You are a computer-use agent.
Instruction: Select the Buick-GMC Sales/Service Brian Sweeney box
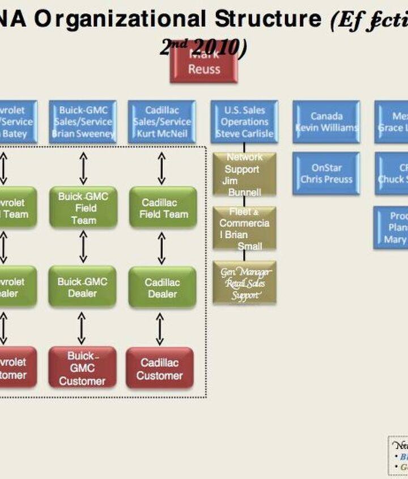pyautogui.click(x=83, y=122)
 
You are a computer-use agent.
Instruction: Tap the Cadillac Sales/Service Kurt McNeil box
pyautogui.click(x=161, y=122)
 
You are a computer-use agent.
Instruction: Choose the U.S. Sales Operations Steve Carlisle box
pyautogui.click(x=244, y=122)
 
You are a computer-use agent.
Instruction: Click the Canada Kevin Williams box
pyautogui.click(x=326, y=122)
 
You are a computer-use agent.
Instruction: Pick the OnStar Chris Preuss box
pyautogui.click(x=326, y=173)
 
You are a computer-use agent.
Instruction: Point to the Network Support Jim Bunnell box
pyautogui.click(x=244, y=175)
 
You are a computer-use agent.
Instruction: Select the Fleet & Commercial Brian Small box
pyautogui.click(x=244, y=228)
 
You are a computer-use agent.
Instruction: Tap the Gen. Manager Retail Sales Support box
pyautogui.click(x=244, y=282)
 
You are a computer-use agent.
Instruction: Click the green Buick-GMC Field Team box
pyautogui.click(x=83, y=208)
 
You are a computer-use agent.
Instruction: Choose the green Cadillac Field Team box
pyautogui.click(x=163, y=208)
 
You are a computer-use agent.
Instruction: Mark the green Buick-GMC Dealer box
pyautogui.click(x=82, y=287)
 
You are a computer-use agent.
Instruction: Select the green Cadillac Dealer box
pyautogui.click(x=162, y=288)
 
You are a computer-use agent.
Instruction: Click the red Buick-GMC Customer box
pyautogui.click(x=82, y=368)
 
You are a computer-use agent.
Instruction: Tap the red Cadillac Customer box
pyautogui.click(x=159, y=368)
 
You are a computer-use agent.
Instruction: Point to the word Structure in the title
pyautogui.click(x=268, y=19)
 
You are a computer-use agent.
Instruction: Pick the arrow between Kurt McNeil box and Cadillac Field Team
pyautogui.click(x=161, y=168)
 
